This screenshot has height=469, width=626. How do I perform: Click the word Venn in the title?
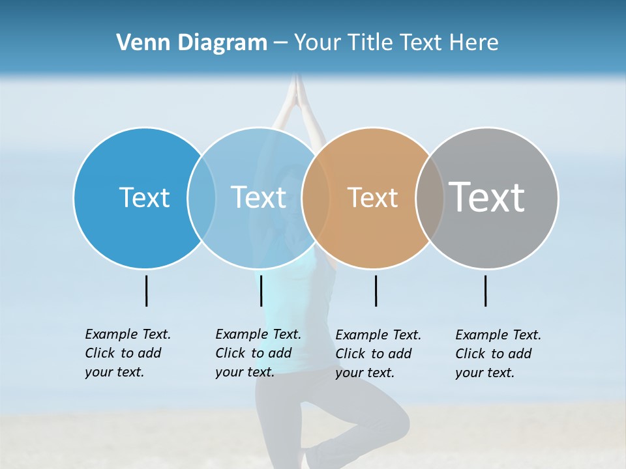(137, 43)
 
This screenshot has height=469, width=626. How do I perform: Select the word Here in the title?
(475, 43)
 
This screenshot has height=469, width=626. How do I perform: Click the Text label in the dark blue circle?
(144, 197)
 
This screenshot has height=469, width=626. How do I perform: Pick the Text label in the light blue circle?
(259, 197)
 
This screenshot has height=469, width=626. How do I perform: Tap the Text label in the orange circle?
(372, 197)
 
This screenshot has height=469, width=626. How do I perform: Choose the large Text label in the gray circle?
(487, 197)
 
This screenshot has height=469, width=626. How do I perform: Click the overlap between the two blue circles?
(201, 197)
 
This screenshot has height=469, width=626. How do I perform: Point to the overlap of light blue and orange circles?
(316, 197)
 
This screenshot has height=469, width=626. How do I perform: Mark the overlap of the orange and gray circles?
(430, 197)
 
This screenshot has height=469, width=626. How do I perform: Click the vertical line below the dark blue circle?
(146, 291)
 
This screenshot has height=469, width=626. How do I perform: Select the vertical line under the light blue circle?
(261, 291)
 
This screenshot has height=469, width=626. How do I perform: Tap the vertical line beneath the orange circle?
(376, 291)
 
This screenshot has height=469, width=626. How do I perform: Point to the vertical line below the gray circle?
(485, 291)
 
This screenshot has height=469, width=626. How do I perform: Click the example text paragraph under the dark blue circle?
(127, 353)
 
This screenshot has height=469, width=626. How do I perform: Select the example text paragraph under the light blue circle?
(258, 353)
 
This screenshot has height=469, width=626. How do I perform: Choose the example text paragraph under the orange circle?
(378, 354)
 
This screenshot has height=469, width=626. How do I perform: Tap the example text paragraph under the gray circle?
(498, 354)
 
